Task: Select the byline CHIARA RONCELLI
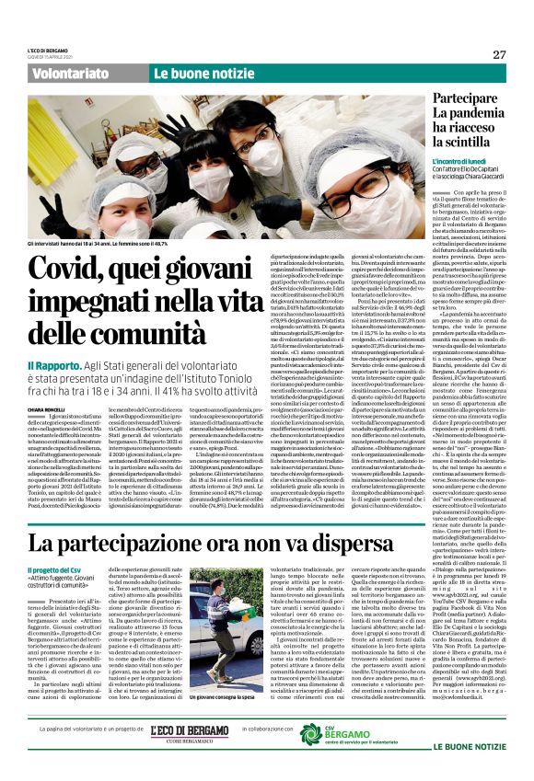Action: pos(48,408)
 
